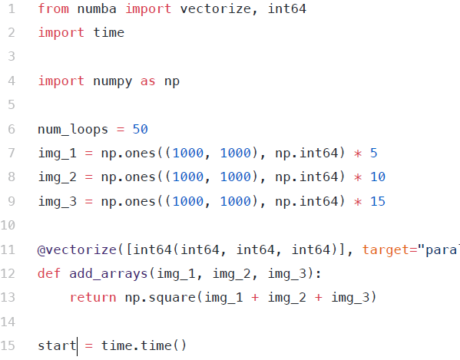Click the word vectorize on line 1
[x=216, y=8]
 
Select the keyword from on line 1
[x=54, y=8]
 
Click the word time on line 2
[x=109, y=32]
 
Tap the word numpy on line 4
[x=113, y=81]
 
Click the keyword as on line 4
[x=148, y=81]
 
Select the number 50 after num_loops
[x=141, y=129]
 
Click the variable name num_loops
[x=73, y=129]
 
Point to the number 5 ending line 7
[x=373, y=153]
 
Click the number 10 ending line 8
[x=378, y=177]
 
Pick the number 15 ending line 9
[x=378, y=201]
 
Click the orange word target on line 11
[x=386, y=249]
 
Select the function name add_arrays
[x=108, y=273]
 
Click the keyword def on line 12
[x=49, y=273]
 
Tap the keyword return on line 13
[x=93, y=298]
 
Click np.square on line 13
[x=161, y=298]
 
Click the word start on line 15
[x=57, y=345]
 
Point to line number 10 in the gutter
[x=8, y=225]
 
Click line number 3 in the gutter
[x=12, y=56]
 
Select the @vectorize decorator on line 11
[x=77, y=249]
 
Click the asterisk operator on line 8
[x=358, y=177]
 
